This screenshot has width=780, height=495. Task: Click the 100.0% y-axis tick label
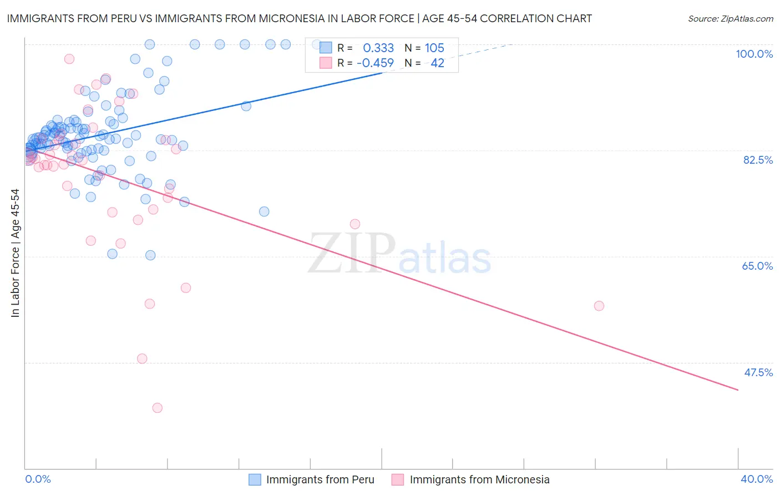click(754, 54)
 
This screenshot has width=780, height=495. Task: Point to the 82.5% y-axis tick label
click(758, 160)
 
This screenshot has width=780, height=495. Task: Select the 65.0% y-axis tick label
click(757, 266)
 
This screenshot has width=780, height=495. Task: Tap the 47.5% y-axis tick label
click(758, 372)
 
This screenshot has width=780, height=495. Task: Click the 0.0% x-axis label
click(38, 479)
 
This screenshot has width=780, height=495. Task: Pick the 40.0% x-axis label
click(756, 479)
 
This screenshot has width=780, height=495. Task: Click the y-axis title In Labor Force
click(15, 253)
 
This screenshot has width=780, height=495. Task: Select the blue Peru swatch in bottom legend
click(255, 479)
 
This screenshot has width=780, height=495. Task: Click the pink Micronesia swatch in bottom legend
click(398, 479)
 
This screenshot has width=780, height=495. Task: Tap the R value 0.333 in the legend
click(378, 48)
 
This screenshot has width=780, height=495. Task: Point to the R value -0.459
click(375, 63)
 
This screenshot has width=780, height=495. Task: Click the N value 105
click(434, 48)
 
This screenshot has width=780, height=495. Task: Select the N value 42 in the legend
click(437, 63)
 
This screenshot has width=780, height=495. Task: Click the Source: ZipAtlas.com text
click(730, 19)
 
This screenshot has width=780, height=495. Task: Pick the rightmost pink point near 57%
click(599, 306)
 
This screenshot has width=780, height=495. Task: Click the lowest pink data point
click(157, 408)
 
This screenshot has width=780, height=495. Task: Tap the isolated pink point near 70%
click(355, 224)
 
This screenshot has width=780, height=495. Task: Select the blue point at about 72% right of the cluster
click(264, 211)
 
